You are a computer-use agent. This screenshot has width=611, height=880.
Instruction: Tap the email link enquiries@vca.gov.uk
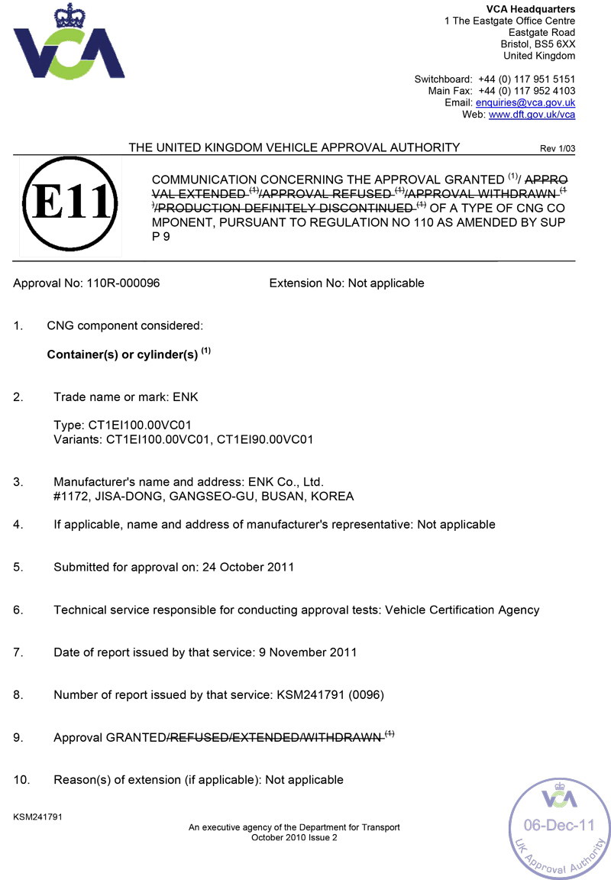(525, 102)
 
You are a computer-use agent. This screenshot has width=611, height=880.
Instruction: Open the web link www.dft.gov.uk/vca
(532, 115)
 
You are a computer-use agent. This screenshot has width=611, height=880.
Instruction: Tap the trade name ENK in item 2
(186, 397)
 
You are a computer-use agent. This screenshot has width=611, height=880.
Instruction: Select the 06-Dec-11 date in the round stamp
(558, 826)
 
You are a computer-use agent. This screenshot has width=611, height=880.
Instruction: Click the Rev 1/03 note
(557, 149)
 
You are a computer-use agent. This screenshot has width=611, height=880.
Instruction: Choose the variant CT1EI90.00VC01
(265, 439)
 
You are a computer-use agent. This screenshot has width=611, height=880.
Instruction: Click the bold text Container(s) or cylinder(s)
(123, 355)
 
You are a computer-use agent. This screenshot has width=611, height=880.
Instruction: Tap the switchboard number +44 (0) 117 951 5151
(526, 79)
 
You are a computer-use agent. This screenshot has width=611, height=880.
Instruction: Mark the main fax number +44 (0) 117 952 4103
(526, 91)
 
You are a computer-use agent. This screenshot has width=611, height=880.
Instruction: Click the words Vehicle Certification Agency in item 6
(462, 610)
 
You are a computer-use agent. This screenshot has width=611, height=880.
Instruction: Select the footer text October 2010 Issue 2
(294, 837)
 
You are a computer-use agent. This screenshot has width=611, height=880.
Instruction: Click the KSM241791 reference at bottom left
(37, 817)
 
